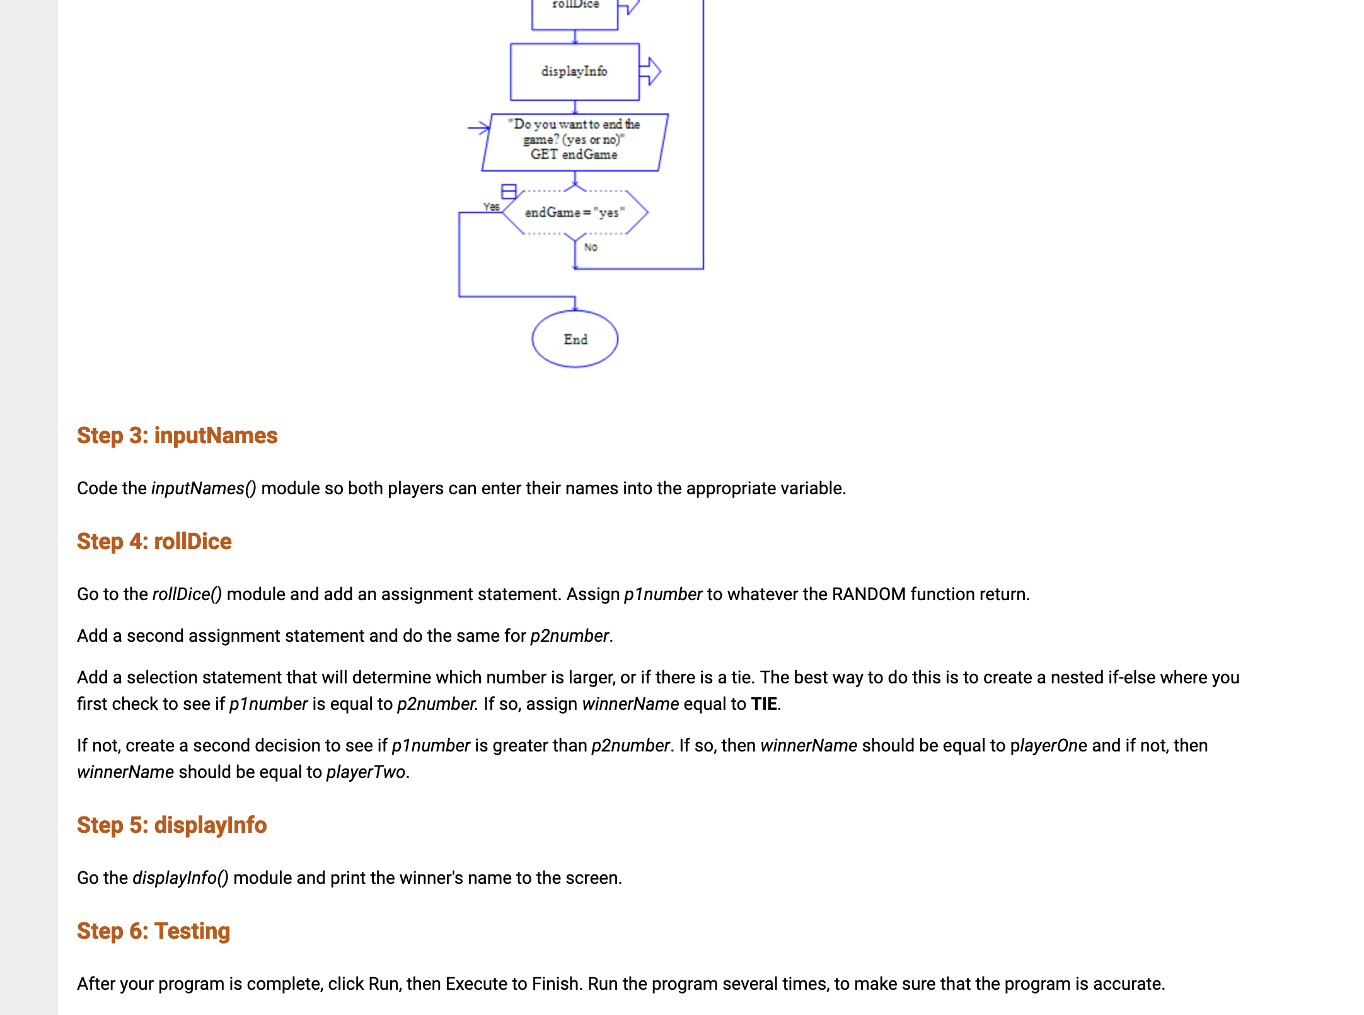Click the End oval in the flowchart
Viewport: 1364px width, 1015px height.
pyautogui.click(x=575, y=339)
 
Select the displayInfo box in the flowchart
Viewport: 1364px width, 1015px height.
pyautogui.click(x=574, y=71)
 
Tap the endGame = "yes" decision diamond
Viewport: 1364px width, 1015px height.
pyautogui.click(x=574, y=212)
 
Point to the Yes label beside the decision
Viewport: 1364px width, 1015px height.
pyautogui.click(x=491, y=207)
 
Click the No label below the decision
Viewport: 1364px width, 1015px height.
pyautogui.click(x=591, y=247)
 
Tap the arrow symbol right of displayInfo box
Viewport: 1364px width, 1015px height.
pyautogui.click(x=650, y=71)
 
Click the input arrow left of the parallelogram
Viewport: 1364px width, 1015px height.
pyautogui.click(x=479, y=127)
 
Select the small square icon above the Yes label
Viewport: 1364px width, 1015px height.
pyautogui.click(x=509, y=191)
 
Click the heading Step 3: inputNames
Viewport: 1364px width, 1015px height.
pyautogui.click(x=177, y=436)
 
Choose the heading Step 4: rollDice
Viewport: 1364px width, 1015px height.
pyautogui.click(x=154, y=542)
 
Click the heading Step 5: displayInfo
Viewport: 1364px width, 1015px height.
pyautogui.click(x=171, y=825)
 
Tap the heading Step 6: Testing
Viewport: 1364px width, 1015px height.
pyautogui.click(x=153, y=931)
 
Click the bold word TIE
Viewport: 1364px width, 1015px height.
pyautogui.click(x=764, y=704)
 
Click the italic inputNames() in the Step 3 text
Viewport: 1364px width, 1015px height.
pyautogui.click(x=204, y=488)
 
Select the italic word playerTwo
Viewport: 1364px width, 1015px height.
pyautogui.click(x=366, y=772)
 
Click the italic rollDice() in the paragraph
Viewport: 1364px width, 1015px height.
pyautogui.click(x=187, y=594)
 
